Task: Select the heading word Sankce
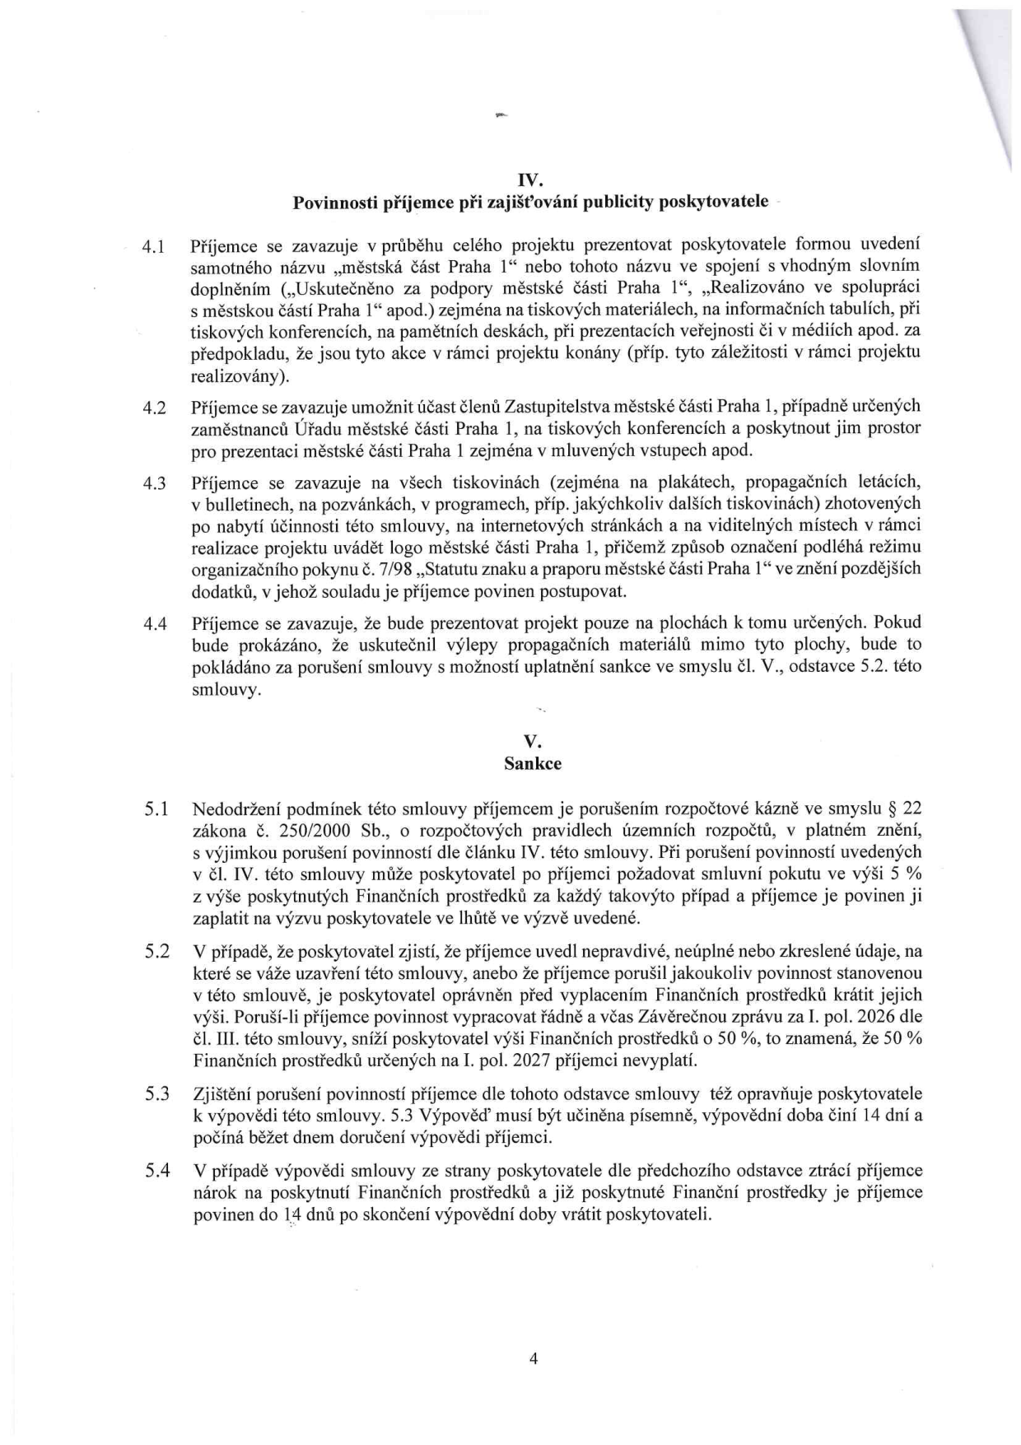coord(532,763)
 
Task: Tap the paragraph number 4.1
coord(155,246)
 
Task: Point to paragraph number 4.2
coord(155,408)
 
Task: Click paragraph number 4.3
coord(155,483)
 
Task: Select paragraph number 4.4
coord(155,624)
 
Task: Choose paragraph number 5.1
coord(156,810)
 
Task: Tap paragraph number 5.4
coord(156,1171)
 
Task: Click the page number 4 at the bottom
coord(533,1359)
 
